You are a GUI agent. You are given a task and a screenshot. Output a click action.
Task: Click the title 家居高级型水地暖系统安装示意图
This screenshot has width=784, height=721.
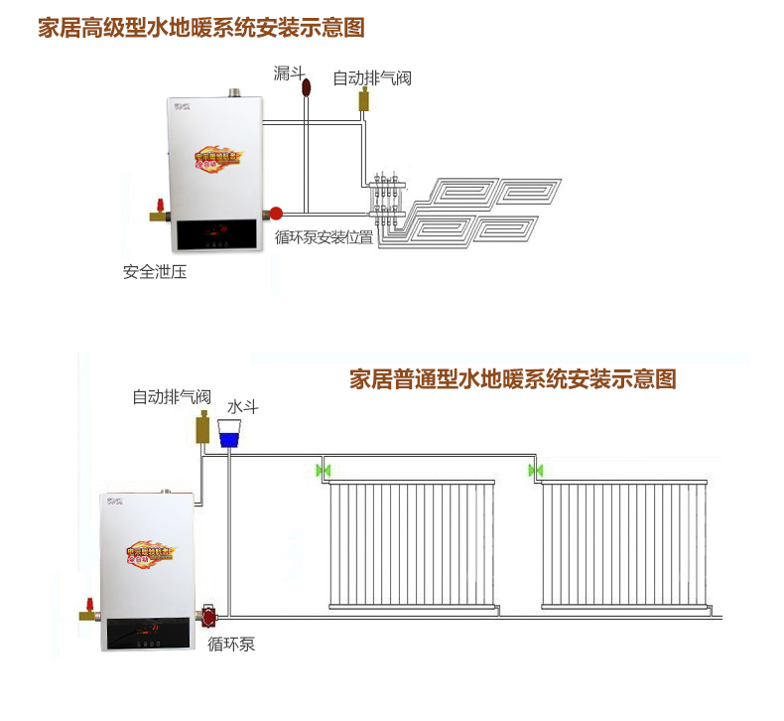201,27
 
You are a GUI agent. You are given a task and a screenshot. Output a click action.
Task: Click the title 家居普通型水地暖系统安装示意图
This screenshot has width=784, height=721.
513,378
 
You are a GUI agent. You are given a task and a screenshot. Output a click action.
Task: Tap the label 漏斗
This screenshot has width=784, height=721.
289,72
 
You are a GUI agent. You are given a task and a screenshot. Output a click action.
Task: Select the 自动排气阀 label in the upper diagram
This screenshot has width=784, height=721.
372,77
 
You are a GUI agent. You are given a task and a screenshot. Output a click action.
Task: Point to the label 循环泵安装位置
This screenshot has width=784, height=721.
325,237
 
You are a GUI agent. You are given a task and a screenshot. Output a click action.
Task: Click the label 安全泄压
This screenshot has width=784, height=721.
155,271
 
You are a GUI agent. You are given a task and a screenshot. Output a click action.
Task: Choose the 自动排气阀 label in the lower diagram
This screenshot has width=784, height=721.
172,396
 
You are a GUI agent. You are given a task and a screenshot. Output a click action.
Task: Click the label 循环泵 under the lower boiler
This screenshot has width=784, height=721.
231,644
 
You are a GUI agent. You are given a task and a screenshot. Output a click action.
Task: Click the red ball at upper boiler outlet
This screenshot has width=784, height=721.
276,212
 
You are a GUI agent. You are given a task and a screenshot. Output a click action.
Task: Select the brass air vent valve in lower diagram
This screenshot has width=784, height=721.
201,430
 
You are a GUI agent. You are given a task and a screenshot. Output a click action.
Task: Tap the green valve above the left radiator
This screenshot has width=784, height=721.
321,469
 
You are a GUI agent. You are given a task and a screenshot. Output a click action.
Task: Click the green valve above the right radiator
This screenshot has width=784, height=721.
535,469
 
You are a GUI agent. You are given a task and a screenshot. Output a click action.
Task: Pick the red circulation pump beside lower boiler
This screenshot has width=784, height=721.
209,616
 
